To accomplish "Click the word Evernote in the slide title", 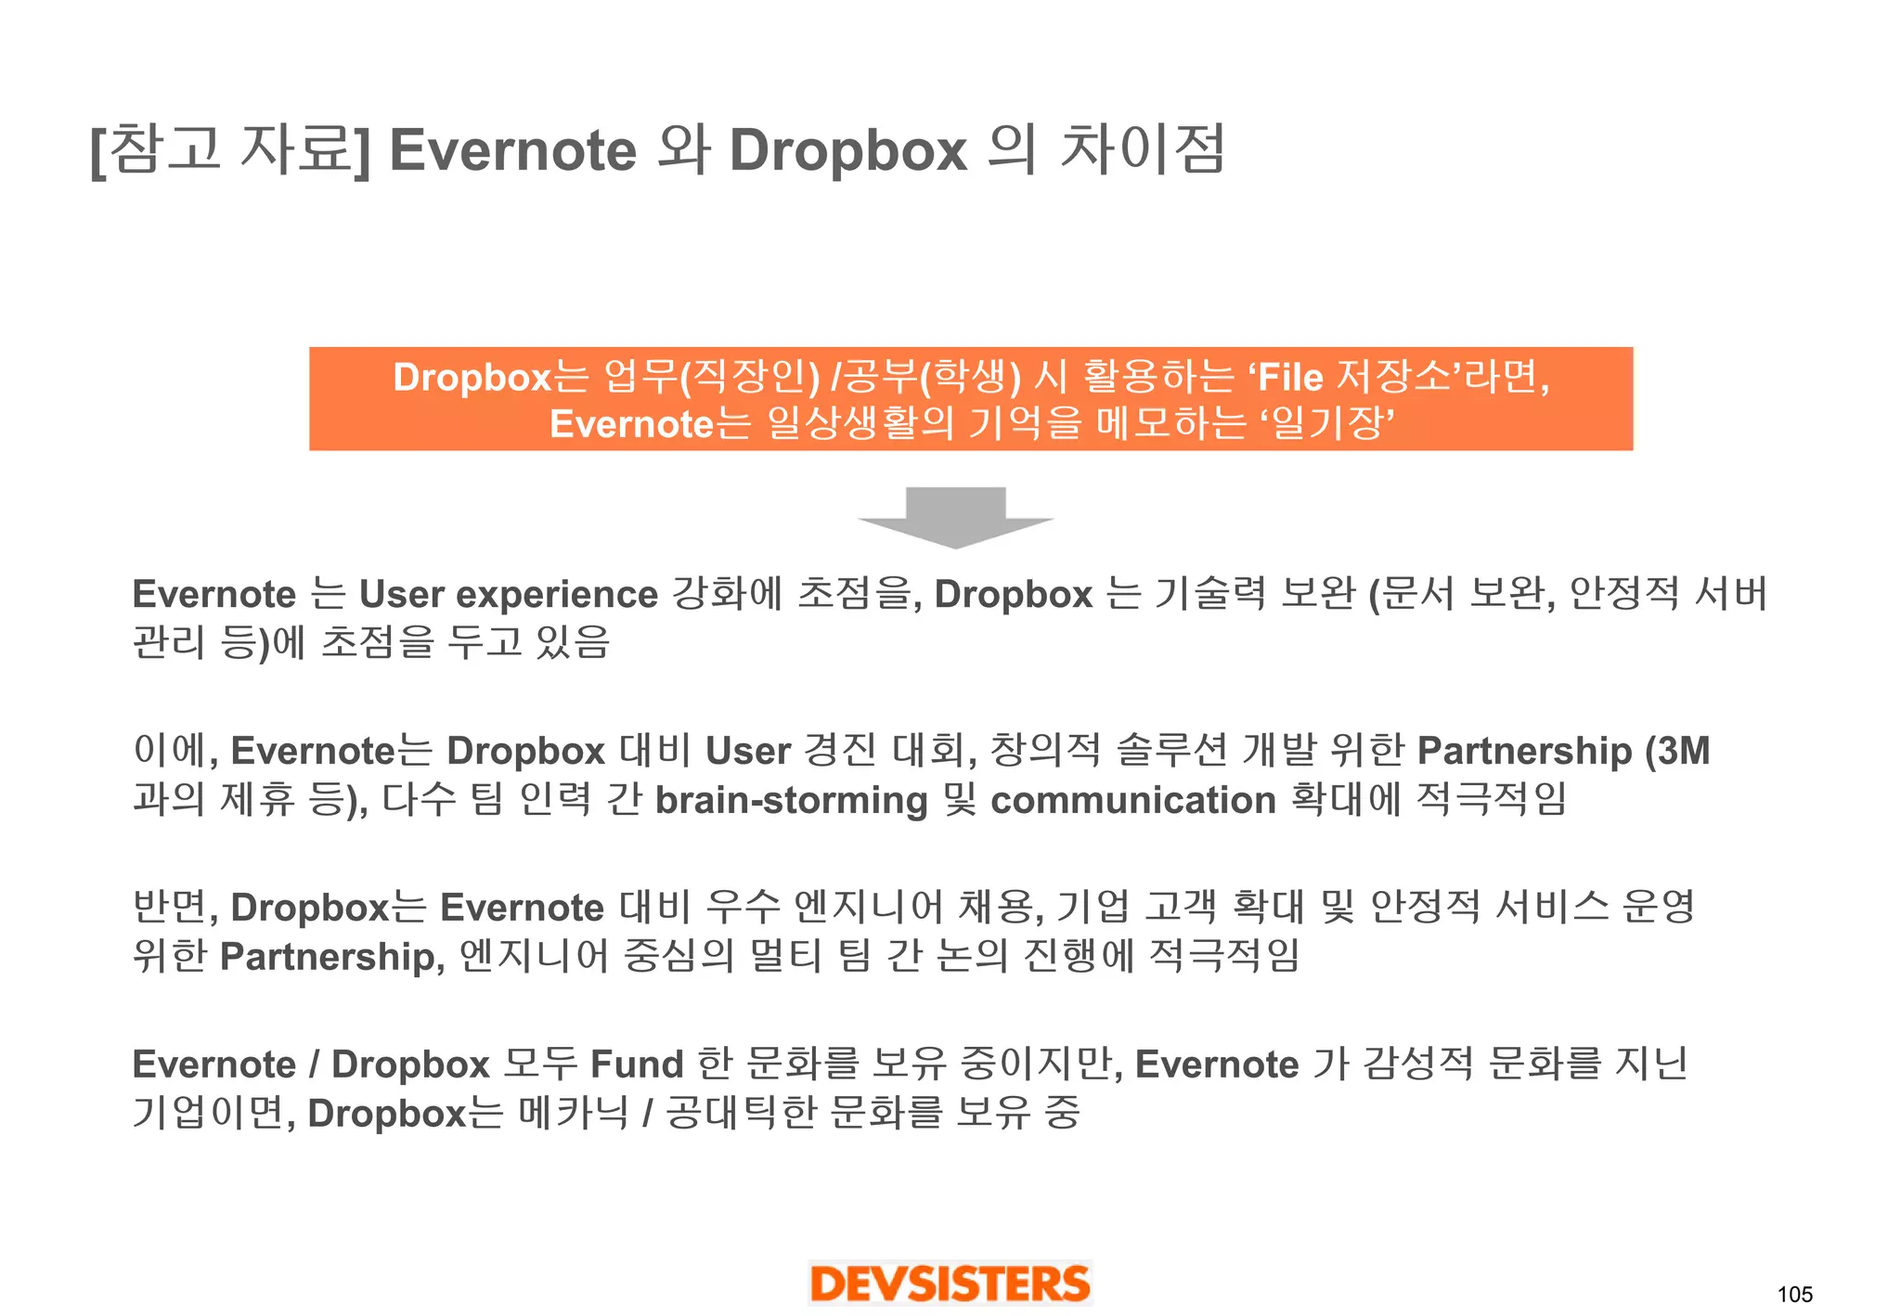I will pyautogui.click(x=512, y=150).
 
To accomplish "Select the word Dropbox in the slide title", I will pyautogui.click(x=848, y=150).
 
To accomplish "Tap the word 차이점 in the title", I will pyautogui.click(x=1143, y=150).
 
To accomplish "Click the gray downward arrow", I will pyautogui.click(x=955, y=516).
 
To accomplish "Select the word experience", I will pyautogui.click(x=557, y=595).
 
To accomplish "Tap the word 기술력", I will pyautogui.click(x=1210, y=594).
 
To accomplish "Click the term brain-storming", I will pyautogui.click(x=791, y=800).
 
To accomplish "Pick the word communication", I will pyautogui.click(x=1133, y=800).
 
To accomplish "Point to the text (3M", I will pyautogui.click(x=1677, y=751).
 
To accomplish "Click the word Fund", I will pyautogui.click(x=637, y=1064).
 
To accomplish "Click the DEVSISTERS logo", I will pyautogui.click(x=950, y=1284).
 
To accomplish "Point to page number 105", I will pyautogui.click(x=1794, y=1295).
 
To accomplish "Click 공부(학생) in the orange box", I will pyautogui.click(x=932, y=378).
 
